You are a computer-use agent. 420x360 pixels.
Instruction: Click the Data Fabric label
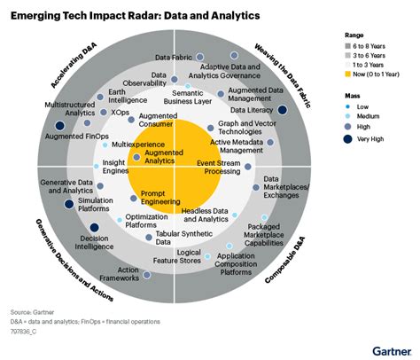click(x=175, y=58)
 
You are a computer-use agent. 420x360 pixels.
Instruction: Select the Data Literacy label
click(x=251, y=111)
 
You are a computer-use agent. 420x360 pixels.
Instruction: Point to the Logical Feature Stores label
click(x=177, y=258)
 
